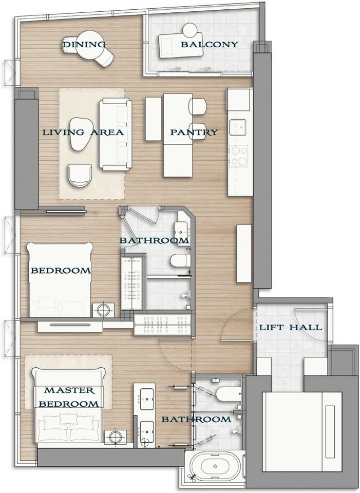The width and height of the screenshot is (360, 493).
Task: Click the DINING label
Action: (84, 44)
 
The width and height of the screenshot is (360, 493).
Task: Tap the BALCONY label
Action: (209, 44)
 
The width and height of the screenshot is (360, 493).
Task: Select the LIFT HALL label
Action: (291, 327)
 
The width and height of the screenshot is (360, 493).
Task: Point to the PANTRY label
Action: (194, 132)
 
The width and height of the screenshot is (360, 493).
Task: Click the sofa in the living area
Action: (115, 134)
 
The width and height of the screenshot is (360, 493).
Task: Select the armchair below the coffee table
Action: (80, 176)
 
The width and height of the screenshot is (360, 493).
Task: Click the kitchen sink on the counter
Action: (240, 127)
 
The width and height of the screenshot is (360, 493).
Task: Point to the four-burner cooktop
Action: (239, 156)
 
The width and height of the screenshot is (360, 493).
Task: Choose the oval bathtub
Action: (215, 467)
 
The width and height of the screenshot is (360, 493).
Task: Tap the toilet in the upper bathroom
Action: (180, 260)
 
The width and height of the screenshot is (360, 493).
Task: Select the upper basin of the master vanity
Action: (147, 400)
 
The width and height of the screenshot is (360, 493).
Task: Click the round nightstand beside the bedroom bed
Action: (103, 310)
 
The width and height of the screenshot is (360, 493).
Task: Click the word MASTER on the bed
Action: (69, 390)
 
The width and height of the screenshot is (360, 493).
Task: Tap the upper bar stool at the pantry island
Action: (197, 106)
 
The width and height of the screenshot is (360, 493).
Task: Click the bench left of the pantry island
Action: (154, 119)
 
